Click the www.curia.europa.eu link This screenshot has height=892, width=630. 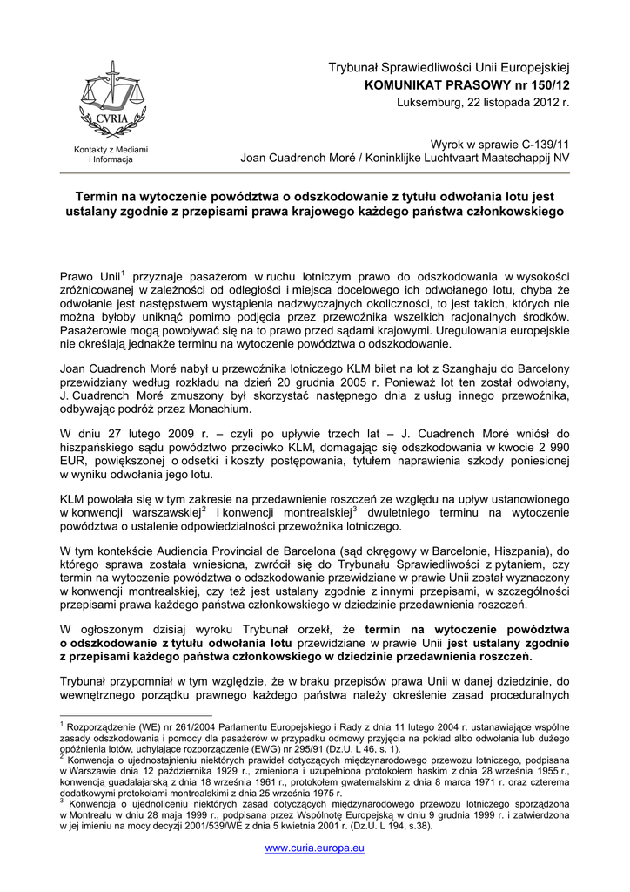coord(314,848)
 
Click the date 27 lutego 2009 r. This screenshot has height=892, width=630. coord(146,432)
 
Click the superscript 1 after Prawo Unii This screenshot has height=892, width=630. coord(124,273)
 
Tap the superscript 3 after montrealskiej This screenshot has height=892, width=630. coord(355,509)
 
